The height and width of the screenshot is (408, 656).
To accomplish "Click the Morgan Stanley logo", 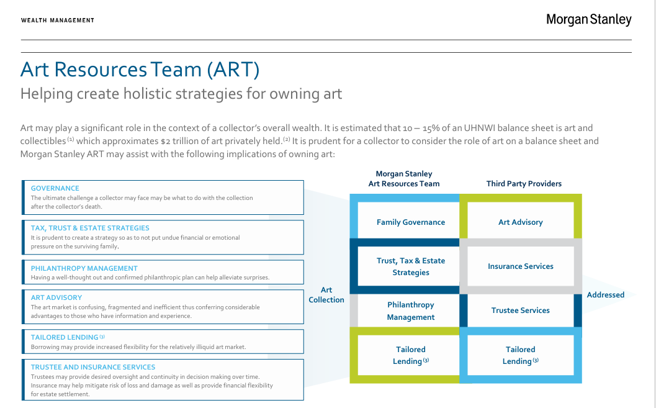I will (x=588, y=20).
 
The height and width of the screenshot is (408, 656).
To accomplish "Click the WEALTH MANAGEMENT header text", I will (x=58, y=20).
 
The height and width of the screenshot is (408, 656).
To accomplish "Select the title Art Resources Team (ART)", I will (x=140, y=69).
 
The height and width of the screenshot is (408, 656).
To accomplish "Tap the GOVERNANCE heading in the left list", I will (x=55, y=188).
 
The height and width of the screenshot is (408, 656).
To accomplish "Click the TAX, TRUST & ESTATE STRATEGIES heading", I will (x=90, y=228).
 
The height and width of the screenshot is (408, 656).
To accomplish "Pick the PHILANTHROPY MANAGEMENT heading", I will (x=84, y=268).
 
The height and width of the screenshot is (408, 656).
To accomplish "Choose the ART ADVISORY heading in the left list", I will (x=56, y=297).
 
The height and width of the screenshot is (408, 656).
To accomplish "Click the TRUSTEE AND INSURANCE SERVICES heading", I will (x=93, y=367).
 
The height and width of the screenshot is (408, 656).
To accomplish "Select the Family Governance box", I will (x=411, y=222).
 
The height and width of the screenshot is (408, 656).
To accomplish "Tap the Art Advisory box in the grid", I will (x=521, y=222).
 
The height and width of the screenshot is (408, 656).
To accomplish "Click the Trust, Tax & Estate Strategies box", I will (x=411, y=266).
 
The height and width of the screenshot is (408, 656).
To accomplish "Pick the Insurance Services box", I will (x=521, y=266).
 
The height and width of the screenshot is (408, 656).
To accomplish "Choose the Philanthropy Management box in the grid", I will (x=411, y=311).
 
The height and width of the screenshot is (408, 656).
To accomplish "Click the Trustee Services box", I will (x=521, y=311).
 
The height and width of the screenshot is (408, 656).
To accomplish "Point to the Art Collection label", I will (x=326, y=295).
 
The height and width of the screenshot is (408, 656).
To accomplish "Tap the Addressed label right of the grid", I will (x=606, y=295).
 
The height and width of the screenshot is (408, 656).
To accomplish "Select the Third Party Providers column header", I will (x=524, y=184).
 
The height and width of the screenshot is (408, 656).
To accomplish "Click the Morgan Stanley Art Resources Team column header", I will (x=404, y=179).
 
